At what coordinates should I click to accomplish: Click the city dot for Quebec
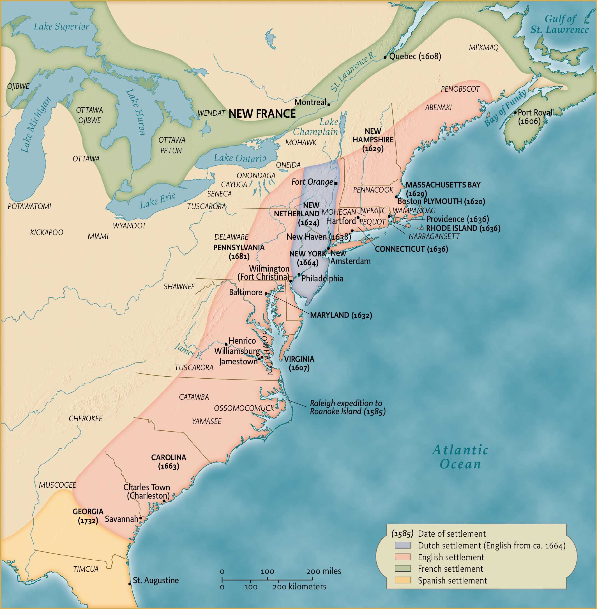(385, 57)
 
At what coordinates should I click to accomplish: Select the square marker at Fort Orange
(336, 184)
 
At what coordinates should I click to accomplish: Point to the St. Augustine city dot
(130, 584)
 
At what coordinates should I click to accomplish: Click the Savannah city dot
(141, 518)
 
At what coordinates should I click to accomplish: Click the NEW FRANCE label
(262, 114)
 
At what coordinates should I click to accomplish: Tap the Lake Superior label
(61, 27)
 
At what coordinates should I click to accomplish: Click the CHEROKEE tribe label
(86, 419)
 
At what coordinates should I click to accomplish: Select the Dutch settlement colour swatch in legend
(403, 545)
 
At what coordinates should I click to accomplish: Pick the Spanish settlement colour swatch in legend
(403, 580)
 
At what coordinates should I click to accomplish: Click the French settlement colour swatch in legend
(403, 569)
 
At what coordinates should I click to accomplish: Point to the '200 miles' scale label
(324, 571)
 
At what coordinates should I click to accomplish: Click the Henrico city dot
(226, 344)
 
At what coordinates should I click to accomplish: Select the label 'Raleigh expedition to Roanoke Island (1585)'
(347, 407)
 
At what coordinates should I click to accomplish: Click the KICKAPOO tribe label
(47, 233)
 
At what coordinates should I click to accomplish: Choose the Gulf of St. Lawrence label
(560, 24)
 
